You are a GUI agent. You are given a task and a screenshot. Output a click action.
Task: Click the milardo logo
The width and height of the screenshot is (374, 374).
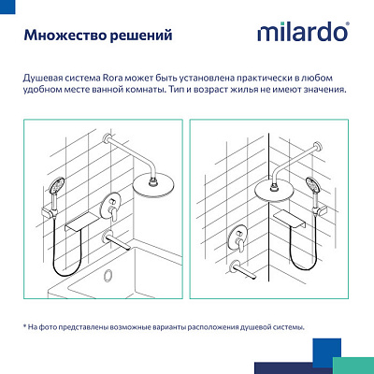303,34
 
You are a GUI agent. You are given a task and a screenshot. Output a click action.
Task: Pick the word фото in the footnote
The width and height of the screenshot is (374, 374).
53,326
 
